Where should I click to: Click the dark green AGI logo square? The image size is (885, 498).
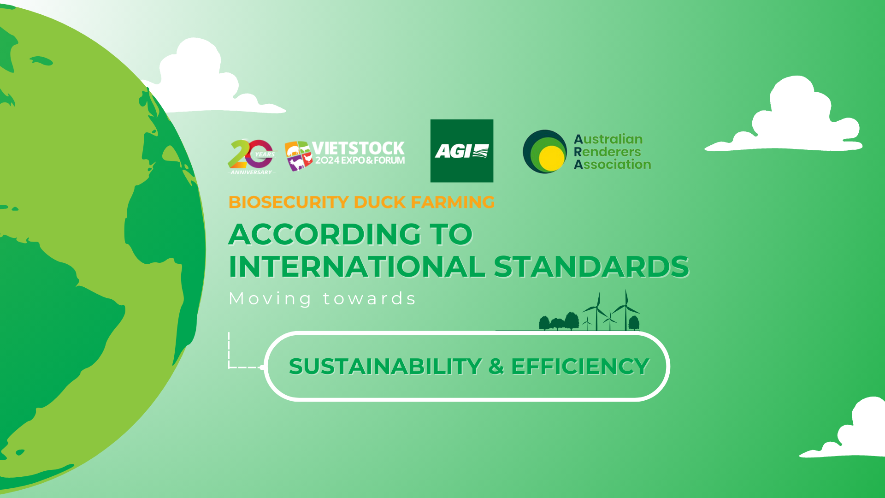(461, 151)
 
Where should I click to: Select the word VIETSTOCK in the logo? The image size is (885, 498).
(358, 148)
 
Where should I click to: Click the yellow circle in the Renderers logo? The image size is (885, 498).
(551, 156)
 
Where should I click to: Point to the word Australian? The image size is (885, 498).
(608, 139)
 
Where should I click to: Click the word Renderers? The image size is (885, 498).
(607, 152)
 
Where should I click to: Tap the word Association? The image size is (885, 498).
(612, 164)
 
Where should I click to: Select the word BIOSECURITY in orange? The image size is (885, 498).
(288, 202)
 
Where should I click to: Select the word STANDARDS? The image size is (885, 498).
(591, 266)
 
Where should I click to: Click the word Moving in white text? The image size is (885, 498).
(271, 299)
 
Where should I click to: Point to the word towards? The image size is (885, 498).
(369, 299)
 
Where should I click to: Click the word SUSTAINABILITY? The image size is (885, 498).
(385, 367)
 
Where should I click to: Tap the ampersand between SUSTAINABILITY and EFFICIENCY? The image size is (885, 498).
(496, 367)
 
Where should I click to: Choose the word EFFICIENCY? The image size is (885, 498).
(580, 367)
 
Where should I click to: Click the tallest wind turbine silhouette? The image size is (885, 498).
(625, 310)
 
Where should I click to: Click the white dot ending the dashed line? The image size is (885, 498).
(262, 368)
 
